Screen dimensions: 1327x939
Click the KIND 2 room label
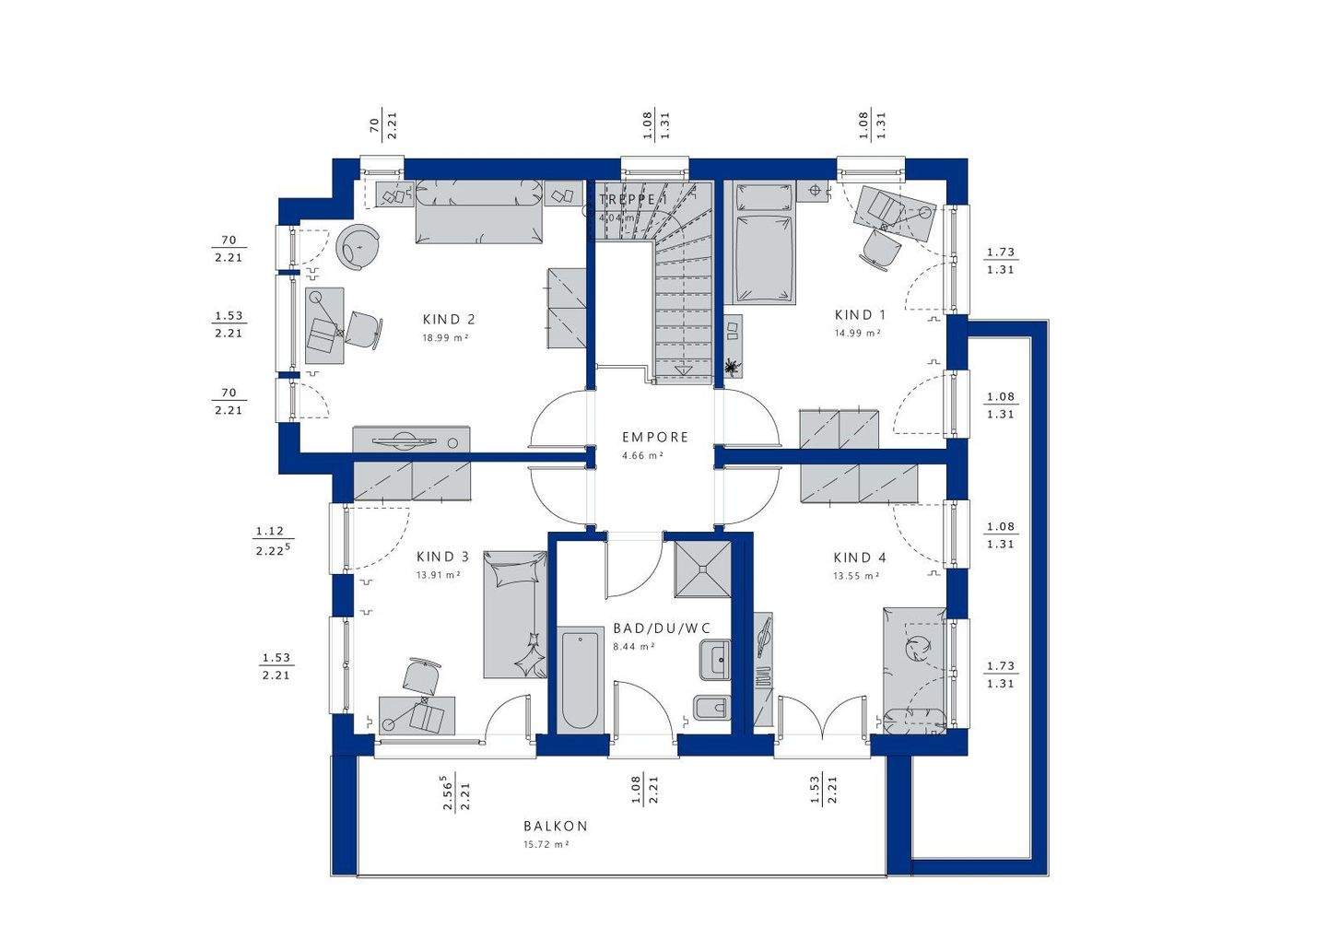tap(449, 320)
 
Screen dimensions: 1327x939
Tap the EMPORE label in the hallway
tap(655, 437)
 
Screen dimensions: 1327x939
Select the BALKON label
tap(556, 826)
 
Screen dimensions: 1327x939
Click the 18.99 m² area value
tap(445, 337)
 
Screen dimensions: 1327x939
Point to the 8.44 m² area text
tap(634, 646)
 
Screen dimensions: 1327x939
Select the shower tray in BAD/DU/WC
tap(702, 569)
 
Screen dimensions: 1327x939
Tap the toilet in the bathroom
tap(710, 708)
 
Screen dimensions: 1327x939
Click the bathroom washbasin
tap(715, 659)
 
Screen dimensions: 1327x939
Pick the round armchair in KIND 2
tap(358, 247)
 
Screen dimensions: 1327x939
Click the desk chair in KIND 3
tap(421, 675)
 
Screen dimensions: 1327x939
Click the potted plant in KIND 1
tap(733, 368)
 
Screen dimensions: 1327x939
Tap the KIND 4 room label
tap(860, 558)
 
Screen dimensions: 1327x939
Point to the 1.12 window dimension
tap(270, 532)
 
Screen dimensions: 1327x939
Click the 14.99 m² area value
tap(857, 333)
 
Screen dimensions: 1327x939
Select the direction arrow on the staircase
tap(683, 370)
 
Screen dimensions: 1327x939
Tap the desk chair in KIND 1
tap(879, 250)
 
